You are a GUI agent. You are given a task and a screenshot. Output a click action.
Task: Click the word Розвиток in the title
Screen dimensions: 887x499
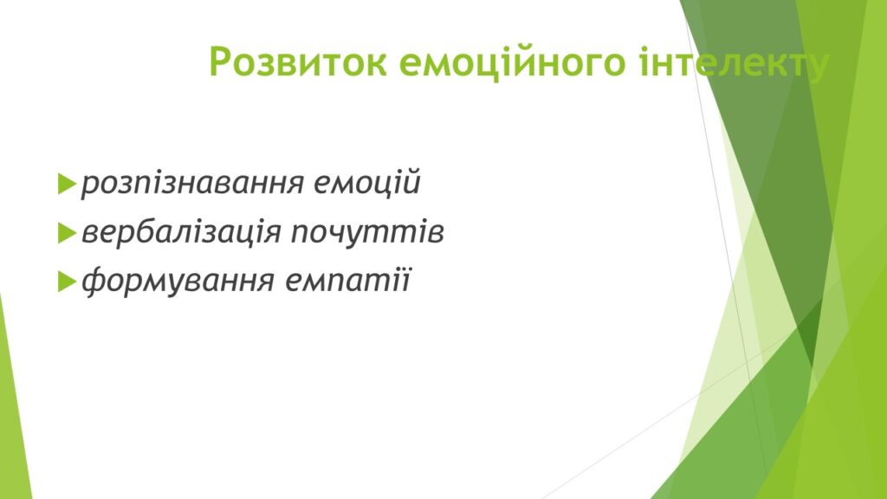[x=298, y=62]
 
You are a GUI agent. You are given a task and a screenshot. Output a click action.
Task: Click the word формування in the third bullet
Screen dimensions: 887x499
[x=178, y=281]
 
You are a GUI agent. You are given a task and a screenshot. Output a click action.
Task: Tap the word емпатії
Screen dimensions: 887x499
[x=347, y=280]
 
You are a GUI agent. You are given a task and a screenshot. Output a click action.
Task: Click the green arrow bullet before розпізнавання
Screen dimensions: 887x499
[x=67, y=184]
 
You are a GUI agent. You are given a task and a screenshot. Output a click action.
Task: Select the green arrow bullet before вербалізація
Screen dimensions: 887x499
[x=67, y=232]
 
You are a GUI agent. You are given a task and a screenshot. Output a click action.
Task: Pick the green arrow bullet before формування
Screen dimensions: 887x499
[x=67, y=282]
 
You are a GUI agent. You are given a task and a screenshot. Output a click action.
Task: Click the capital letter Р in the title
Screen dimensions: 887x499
[x=221, y=62]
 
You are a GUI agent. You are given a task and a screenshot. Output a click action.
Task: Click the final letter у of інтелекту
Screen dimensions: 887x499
[x=819, y=67]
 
